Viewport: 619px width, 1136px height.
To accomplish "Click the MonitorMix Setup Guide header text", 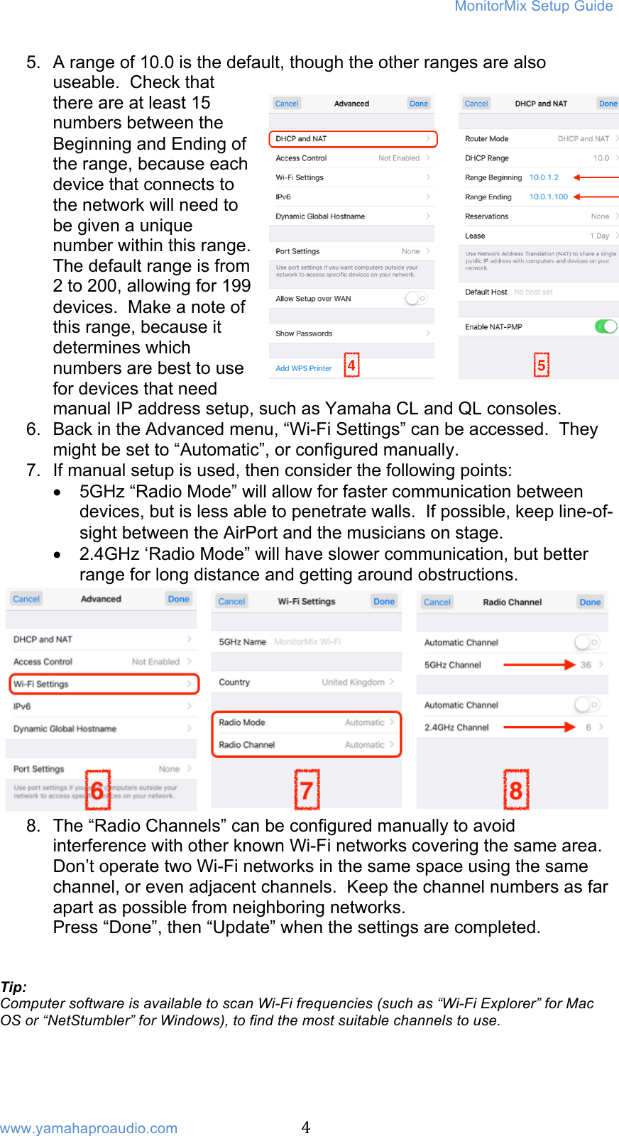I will [533, 6].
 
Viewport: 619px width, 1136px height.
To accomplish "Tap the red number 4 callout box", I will [351, 365].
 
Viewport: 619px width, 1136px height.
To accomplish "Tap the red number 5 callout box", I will [541, 365].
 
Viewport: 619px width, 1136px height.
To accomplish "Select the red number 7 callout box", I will [307, 790].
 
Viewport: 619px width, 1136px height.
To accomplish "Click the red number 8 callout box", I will [516, 790].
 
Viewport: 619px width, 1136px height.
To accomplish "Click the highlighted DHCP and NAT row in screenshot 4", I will [353, 138].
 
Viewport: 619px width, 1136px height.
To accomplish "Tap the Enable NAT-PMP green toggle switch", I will [606, 326].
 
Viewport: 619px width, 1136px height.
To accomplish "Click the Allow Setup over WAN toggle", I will [416, 299].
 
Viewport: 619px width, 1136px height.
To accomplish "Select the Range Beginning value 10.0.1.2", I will [544, 177].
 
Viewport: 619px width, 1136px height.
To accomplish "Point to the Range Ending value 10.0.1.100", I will [548, 197].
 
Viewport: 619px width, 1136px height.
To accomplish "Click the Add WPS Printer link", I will [303, 368].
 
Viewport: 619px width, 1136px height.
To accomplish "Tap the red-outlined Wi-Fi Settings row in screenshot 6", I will [104, 684].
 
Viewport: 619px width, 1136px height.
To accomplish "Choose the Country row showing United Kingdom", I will [306, 682].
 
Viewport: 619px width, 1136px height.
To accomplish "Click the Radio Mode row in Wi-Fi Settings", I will [306, 722].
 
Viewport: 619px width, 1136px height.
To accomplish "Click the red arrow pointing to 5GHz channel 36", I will [539, 665].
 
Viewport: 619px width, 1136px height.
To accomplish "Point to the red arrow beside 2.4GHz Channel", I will [539, 727].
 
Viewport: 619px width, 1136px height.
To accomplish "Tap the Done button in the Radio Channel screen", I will [590, 602].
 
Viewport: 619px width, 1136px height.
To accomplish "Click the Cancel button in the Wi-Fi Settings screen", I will [231, 601].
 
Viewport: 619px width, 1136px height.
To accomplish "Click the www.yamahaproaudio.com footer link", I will [89, 1128].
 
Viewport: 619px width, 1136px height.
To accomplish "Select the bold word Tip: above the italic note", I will [13, 987].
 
